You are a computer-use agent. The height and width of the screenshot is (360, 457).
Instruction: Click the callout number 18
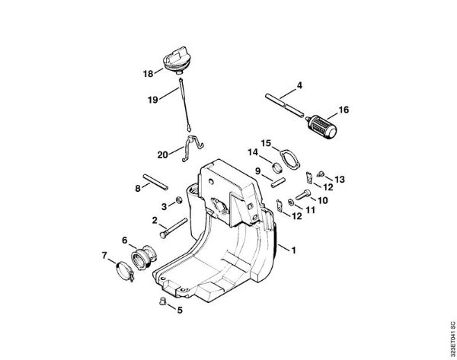coord(148,73)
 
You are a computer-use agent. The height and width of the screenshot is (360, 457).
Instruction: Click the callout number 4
coord(299,84)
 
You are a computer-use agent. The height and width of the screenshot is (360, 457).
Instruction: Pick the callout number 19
coord(152,99)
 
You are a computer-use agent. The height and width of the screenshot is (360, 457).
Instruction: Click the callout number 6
coord(124,240)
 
